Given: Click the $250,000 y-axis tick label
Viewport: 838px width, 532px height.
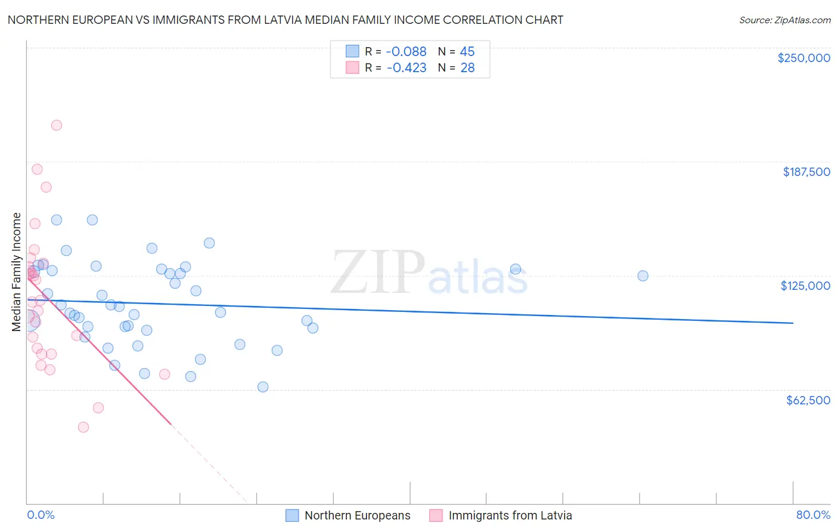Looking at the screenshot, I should pyautogui.click(x=803, y=58).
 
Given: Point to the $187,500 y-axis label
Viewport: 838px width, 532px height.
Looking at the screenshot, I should pyautogui.click(x=806, y=172).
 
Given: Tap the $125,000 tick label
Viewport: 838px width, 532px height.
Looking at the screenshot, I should pyautogui.click(x=805, y=286).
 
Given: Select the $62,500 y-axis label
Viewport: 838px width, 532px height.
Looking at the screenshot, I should pyautogui.click(x=808, y=400).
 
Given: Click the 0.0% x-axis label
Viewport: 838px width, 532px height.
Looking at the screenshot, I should pyautogui.click(x=41, y=515).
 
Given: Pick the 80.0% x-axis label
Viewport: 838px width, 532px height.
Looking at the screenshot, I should pyautogui.click(x=813, y=515).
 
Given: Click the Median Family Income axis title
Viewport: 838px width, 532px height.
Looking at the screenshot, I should pyautogui.click(x=17, y=272).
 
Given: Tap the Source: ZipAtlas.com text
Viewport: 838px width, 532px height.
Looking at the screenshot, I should pyautogui.click(x=784, y=20).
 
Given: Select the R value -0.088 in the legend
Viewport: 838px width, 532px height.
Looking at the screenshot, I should pyautogui.click(x=406, y=52).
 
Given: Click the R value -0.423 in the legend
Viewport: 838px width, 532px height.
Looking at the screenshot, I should pyautogui.click(x=406, y=68).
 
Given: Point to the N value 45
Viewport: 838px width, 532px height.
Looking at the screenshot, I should pyautogui.click(x=467, y=52).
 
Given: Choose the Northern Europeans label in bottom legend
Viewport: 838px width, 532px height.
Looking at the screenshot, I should pyautogui.click(x=357, y=515).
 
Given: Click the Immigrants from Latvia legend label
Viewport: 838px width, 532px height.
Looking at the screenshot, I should pyautogui.click(x=510, y=515).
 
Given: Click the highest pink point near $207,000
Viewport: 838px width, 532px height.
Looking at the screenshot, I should pyautogui.click(x=57, y=125).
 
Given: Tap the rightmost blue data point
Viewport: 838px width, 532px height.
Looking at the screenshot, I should pyautogui.click(x=643, y=276).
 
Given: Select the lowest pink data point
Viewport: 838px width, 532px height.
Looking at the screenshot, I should pyautogui.click(x=83, y=427).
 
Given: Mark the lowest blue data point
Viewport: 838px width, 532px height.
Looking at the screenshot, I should pyautogui.click(x=263, y=387).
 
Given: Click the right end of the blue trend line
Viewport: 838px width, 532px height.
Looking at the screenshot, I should pyautogui.click(x=793, y=323).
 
